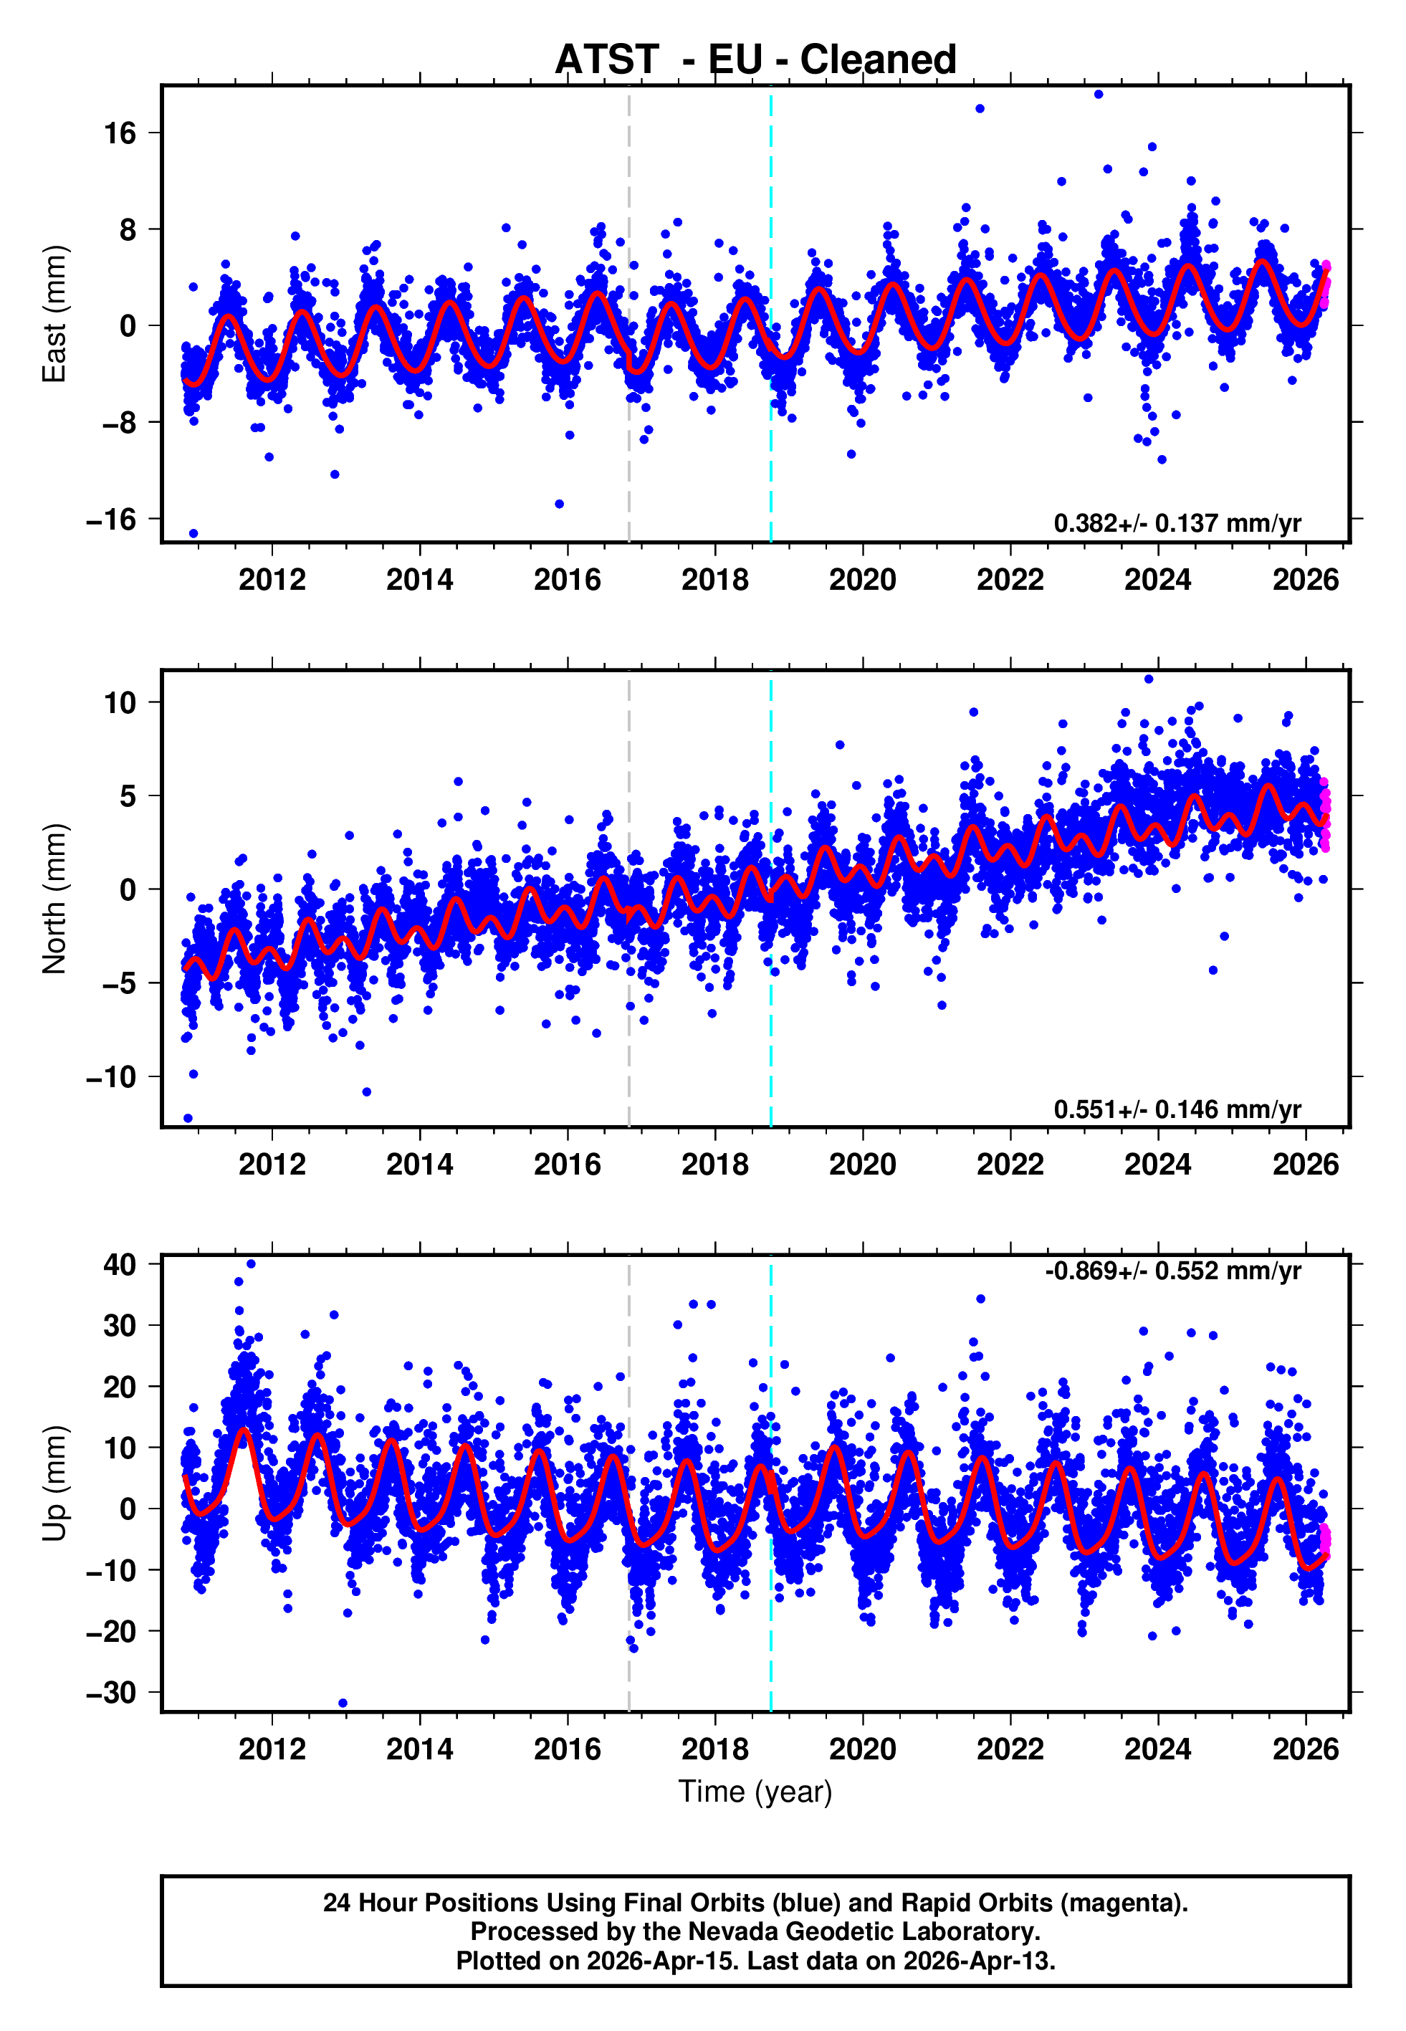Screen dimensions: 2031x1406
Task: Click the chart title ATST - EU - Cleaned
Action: [x=755, y=60]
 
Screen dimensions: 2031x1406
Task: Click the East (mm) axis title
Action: [x=54, y=315]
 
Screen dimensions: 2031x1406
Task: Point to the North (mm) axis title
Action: [x=54, y=899]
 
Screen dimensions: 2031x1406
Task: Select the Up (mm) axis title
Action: [x=54, y=1483]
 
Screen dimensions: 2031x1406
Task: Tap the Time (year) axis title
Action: [x=755, y=1792]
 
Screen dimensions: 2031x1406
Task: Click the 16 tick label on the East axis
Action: [x=120, y=134]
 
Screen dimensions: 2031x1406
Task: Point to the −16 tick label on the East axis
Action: [x=111, y=520]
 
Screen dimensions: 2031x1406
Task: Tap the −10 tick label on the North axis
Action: [x=111, y=1077]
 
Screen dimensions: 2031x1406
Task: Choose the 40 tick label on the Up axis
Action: [x=120, y=1265]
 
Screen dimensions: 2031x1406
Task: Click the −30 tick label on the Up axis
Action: [x=111, y=1693]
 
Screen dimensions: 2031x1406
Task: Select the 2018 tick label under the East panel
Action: [x=714, y=580]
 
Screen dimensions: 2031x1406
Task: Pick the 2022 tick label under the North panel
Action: [x=1010, y=1165]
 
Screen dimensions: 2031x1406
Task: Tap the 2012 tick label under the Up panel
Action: [x=272, y=1749]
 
